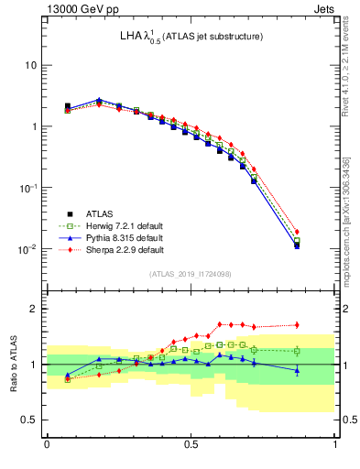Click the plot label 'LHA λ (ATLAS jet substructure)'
[191, 38]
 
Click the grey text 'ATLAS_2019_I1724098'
[191, 273]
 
